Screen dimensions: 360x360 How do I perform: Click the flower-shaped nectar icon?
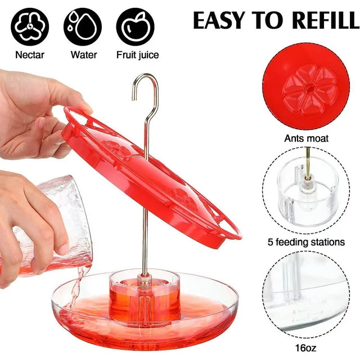click(x=30, y=27)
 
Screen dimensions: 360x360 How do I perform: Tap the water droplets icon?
click(x=83, y=27)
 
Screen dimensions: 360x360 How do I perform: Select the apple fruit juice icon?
click(x=135, y=27)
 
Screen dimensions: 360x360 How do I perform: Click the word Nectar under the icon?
click(x=30, y=55)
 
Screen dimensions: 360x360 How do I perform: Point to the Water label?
click(x=84, y=55)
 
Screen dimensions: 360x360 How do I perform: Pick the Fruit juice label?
click(x=137, y=55)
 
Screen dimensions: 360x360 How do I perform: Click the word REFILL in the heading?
click(x=326, y=20)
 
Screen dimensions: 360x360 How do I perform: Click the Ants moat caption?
click(x=306, y=138)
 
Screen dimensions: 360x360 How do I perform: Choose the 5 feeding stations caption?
click(x=306, y=242)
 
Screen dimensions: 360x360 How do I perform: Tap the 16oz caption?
click(x=305, y=348)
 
